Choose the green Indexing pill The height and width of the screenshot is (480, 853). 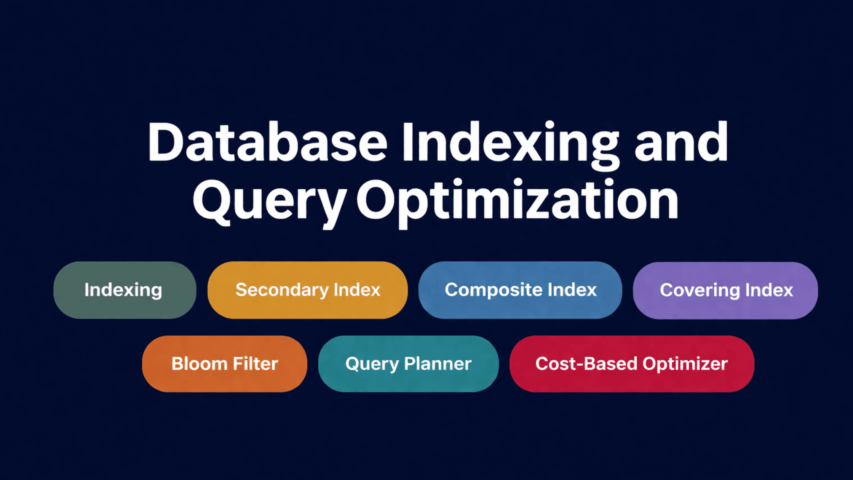coord(125,290)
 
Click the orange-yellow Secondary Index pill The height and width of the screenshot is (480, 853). coord(307,290)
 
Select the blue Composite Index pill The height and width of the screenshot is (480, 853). coord(520,290)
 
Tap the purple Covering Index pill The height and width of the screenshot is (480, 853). coord(725,290)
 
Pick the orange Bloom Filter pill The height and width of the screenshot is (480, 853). coord(224,364)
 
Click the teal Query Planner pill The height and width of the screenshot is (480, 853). coord(408,364)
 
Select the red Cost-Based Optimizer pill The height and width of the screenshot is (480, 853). coord(631,364)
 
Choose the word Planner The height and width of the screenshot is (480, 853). coord(438,364)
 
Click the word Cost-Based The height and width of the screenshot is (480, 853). coord(586,364)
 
